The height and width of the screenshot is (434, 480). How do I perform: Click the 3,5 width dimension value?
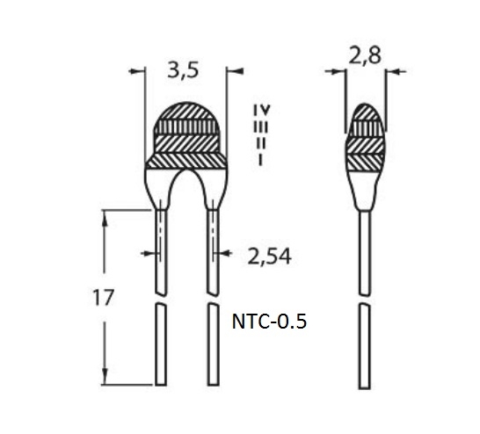click(x=183, y=70)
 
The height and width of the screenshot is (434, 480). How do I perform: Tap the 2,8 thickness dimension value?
click(x=365, y=55)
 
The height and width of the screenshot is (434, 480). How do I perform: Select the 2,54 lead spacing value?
click(x=269, y=257)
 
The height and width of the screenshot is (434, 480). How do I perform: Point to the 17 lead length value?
click(x=104, y=298)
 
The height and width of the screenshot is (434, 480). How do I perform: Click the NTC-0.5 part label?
click(x=269, y=322)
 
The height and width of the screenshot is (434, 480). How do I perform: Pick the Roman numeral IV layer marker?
click(x=262, y=110)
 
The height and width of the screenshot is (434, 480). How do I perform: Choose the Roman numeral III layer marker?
click(x=260, y=127)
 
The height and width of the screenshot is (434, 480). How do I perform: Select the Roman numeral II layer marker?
click(x=260, y=143)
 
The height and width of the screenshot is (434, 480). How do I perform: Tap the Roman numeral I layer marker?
click(x=260, y=160)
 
